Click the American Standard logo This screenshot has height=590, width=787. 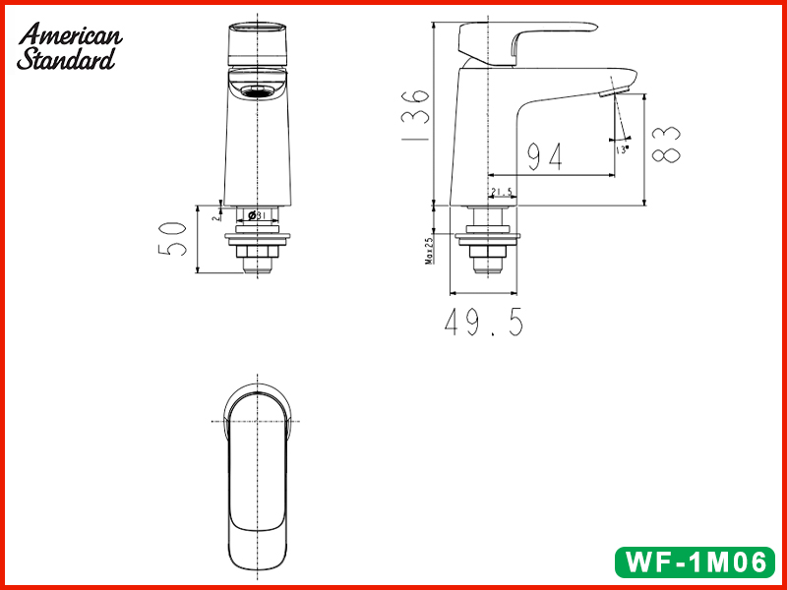[x=69, y=46]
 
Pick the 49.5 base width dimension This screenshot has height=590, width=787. [x=483, y=324]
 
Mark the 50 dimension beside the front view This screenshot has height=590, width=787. [x=173, y=239]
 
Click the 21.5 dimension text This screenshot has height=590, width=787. [x=501, y=192]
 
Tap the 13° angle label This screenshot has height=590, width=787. [x=622, y=149]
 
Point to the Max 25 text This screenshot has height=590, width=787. [x=430, y=252]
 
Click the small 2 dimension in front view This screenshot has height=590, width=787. [x=212, y=217]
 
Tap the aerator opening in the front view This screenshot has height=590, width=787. [x=259, y=93]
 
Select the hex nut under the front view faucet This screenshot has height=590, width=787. [x=258, y=259]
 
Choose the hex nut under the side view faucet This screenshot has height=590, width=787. [x=489, y=258]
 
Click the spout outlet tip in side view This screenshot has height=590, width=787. [x=611, y=93]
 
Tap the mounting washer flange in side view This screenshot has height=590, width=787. [x=489, y=235]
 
